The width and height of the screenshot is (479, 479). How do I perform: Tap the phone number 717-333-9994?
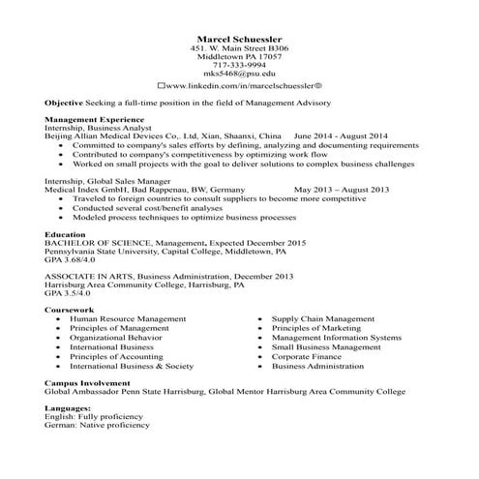[x=239, y=65]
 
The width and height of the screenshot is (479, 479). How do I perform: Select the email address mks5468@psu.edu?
[x=239, y=75]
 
